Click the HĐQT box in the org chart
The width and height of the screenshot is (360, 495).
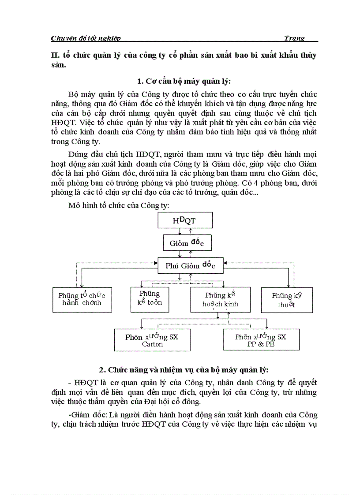coord(184,221)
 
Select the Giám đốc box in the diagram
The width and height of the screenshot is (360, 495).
coord(184,242)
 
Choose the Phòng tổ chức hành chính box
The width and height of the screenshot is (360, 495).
coord(82,299)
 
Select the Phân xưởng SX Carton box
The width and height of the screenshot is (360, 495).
coord(152,340)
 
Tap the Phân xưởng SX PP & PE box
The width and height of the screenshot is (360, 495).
coord(260,340)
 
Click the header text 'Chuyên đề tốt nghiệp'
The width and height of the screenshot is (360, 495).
coord(86,38)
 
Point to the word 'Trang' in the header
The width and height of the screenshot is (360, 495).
coord(294,38)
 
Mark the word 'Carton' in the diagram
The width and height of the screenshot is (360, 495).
coord(152,344)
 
